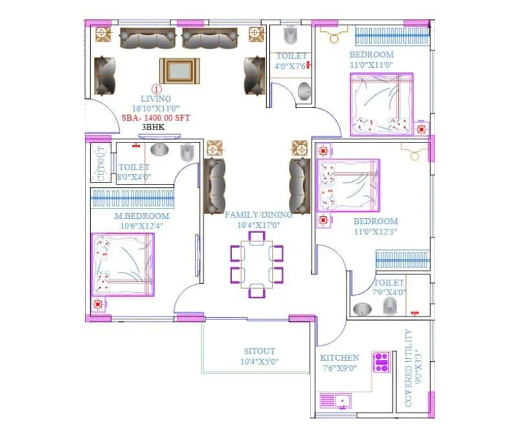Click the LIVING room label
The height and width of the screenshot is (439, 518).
155,99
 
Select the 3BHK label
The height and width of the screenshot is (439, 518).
153,128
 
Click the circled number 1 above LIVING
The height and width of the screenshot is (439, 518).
155,89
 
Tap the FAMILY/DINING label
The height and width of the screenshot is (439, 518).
258,214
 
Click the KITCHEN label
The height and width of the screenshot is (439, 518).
339,357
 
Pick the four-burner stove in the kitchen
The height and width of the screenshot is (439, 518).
380,361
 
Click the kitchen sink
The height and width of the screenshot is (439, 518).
336,401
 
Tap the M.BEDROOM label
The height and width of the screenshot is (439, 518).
142,216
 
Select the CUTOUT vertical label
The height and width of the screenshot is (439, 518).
100,163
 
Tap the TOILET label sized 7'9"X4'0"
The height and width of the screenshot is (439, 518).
388,283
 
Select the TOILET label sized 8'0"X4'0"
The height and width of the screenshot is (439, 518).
134,167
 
